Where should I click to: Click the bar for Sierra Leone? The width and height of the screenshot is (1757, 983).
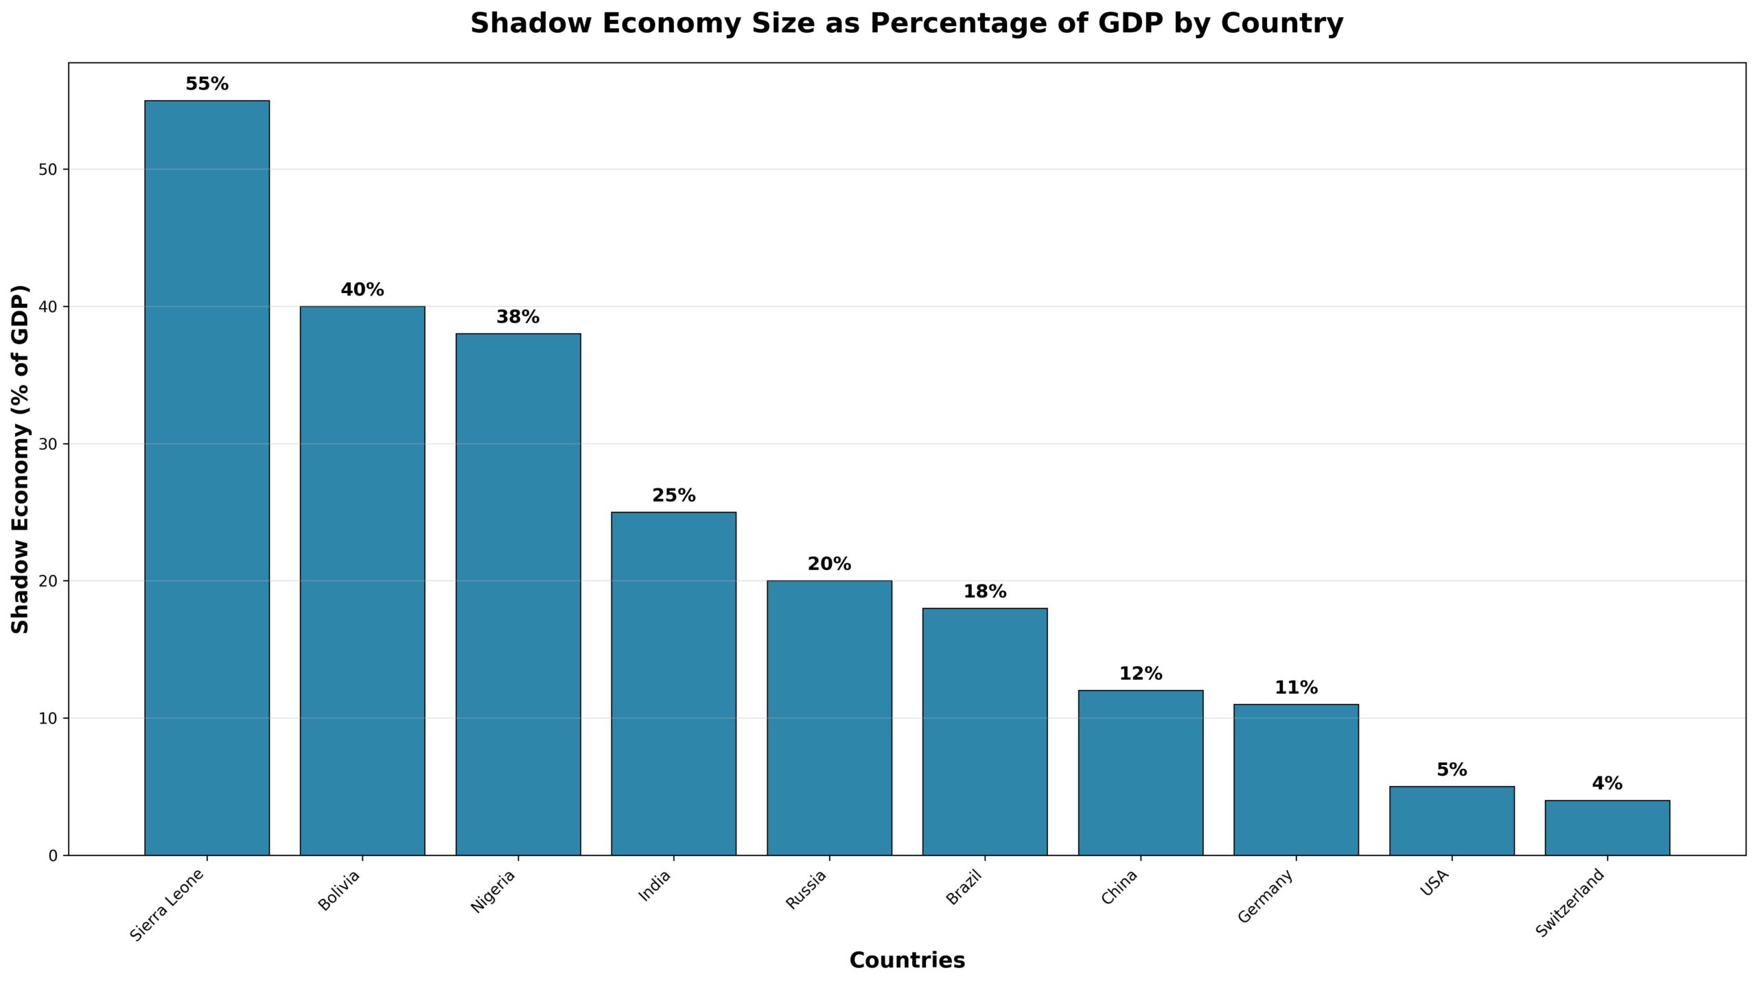point(207,477)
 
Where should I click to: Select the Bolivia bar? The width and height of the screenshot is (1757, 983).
point(362,580)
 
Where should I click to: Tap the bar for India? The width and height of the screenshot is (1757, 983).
point(673,683)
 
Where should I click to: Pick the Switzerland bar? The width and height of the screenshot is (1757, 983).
point(1607,827)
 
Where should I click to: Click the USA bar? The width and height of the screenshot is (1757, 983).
point(1452,820)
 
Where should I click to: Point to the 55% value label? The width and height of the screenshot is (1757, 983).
point(207,84)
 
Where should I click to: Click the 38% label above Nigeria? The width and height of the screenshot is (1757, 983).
point(517,318)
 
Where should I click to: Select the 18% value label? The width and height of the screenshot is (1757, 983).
point(985,592)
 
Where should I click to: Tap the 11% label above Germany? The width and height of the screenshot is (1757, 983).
point(1296,688)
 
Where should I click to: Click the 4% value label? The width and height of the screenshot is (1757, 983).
point(1607,784)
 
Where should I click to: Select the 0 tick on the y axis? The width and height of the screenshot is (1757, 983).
point(53,856)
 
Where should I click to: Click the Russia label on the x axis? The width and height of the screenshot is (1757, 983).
point(806,890)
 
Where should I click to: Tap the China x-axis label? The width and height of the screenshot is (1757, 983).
point(1119,887)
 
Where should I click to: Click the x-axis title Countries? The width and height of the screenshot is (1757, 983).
point(907,960)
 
